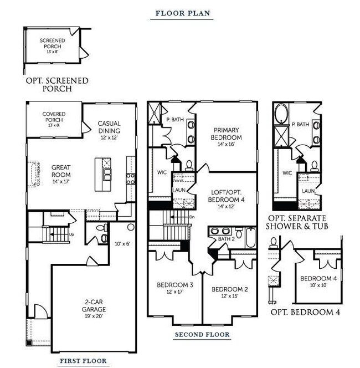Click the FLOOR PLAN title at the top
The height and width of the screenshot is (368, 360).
click(x=182, y=13)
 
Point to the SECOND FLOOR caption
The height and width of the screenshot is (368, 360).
click(x=202, y=335)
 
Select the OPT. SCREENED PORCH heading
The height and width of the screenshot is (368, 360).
click(x=57, y=85)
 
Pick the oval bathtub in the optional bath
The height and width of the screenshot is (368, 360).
click(x=281, y=114)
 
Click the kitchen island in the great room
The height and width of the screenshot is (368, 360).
click(x=104, y=171)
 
